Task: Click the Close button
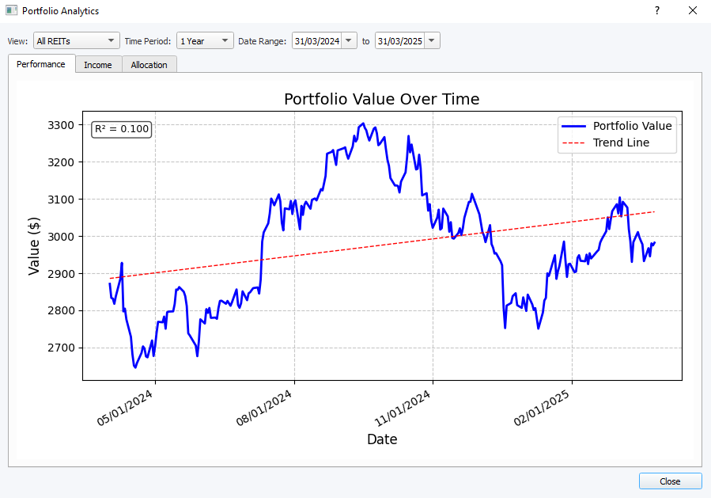click(670, 481)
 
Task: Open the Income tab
click(98, 65)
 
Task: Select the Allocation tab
click(149, 65)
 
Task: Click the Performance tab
click(41, 64)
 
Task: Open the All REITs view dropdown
click(77, 41)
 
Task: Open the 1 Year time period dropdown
click(205, 41)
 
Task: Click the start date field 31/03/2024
click(316, 41)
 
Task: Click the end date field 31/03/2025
click(399, 41)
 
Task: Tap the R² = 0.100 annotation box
click(121, 128)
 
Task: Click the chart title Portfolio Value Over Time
click(381, 99)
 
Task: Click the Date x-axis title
click(382, 439)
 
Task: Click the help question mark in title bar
click(656, 11)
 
